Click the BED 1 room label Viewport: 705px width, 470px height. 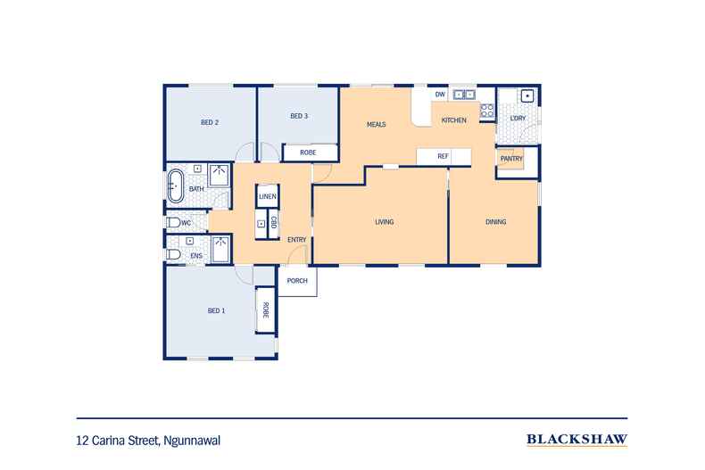(x=216, y=310)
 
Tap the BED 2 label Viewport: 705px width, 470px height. (x=211, y=123)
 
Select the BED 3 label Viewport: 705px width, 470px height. (x=299, y=117)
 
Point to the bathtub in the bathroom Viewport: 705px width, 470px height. (x=174, y=187)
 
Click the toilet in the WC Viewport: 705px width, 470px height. (x=174, y=223)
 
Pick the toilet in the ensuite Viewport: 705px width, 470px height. (x=173, y=255)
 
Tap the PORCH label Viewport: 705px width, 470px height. (x=298, y=281)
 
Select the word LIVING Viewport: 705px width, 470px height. (x=385, y=222)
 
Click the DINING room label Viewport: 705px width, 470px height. (x=496, y=222)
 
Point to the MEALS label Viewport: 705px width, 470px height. (x=377, y=124)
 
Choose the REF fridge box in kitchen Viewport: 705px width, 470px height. (x=444, y=157)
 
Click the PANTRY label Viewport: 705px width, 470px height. (x=510, y=159)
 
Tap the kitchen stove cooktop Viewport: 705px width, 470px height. (x=487, y=111)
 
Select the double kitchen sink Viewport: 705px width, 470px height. (x=465, y=94)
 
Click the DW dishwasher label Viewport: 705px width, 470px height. (x=440, y=94)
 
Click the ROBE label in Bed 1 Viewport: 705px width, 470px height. (x=265, y=310)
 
